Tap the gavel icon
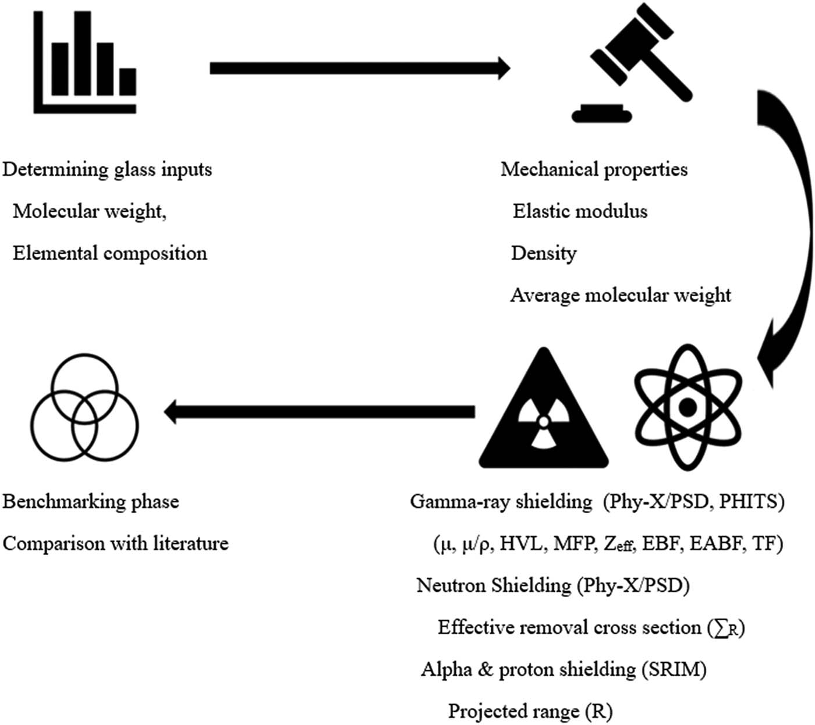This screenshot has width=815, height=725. [x=632, y=67]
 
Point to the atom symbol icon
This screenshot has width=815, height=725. [x=688, y=407]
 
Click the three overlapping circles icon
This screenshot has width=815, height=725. [x=84, y=407]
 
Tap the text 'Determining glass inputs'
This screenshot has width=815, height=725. [x=107, y=169]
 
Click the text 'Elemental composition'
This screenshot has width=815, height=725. [x=110, y=253]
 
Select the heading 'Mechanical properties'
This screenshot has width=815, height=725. [x=594, y=169]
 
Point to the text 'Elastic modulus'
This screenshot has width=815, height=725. [x=580, y=211]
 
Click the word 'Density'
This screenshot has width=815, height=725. [x=544, y=254]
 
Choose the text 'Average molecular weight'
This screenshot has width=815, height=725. [x=621, y=296]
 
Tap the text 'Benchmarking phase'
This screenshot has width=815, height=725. [x=91, y=502]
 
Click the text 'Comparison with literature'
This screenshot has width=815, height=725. [x=116, y=543]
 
